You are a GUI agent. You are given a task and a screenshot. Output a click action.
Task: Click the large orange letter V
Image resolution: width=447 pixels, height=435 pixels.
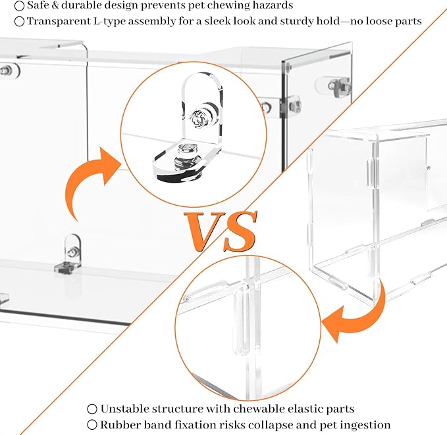(x=205, y=231)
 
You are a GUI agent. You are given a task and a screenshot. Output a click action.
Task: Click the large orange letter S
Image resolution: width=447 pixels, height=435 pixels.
(x=241, y=231)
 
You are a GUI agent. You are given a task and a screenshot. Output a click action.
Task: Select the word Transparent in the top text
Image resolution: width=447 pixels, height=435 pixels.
(x=59, y=21)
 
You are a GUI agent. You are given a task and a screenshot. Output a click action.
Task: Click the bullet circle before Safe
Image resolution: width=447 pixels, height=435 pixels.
(x=19, y=6)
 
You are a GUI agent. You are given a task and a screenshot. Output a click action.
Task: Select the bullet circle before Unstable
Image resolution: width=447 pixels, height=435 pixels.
(x=92, y=409)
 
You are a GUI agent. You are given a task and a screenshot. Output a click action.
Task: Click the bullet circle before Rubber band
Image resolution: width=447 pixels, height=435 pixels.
(x=92, y=425)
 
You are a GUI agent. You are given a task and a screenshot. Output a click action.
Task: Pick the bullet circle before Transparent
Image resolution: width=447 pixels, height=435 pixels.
(x=19, y=22)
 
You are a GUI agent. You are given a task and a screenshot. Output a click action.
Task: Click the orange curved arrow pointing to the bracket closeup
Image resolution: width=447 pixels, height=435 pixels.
(x=86, y=182)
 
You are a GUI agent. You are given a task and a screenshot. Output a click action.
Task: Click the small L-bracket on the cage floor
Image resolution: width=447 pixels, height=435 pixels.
(x=68, y=255)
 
